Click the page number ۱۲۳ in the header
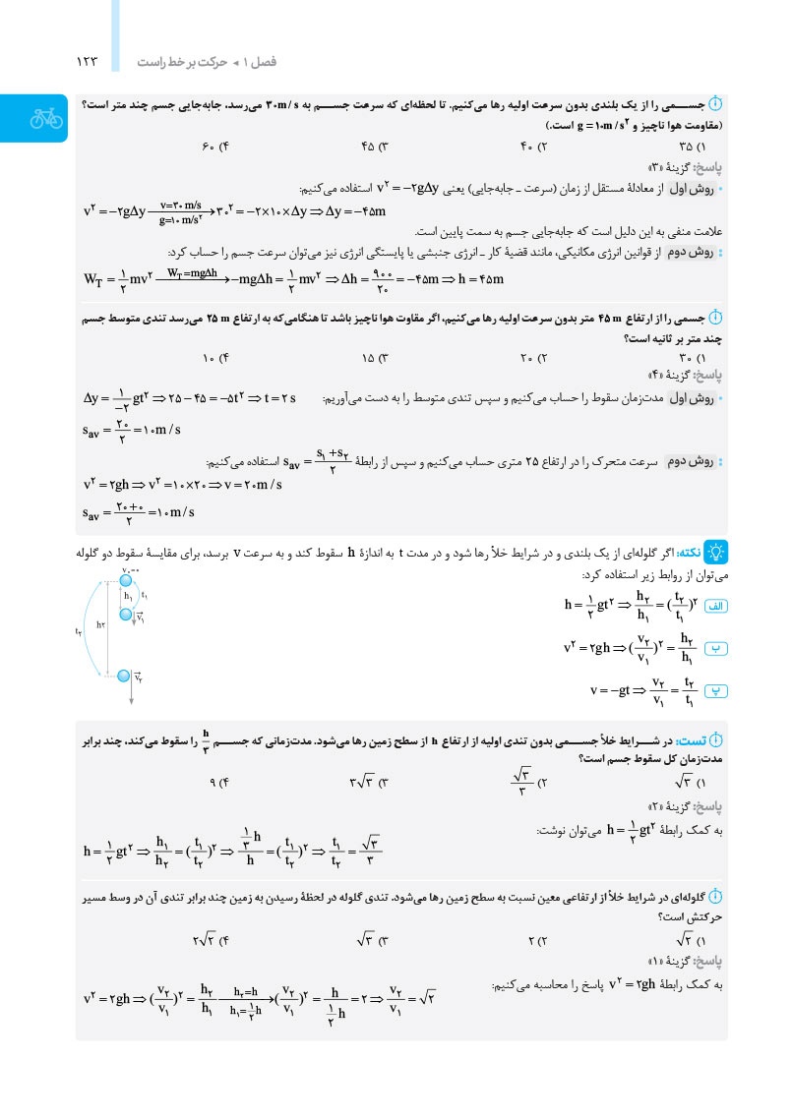tap(88, 62)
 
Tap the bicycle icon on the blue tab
tap(45, 118)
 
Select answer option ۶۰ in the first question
tap(215, 147)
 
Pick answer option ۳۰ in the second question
tap(701, 356)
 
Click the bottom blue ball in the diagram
tap(124, 676)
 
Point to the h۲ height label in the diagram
tap(102, 624)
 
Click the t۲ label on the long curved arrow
tap(79, 631)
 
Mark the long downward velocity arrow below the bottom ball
tap(131, 694)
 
